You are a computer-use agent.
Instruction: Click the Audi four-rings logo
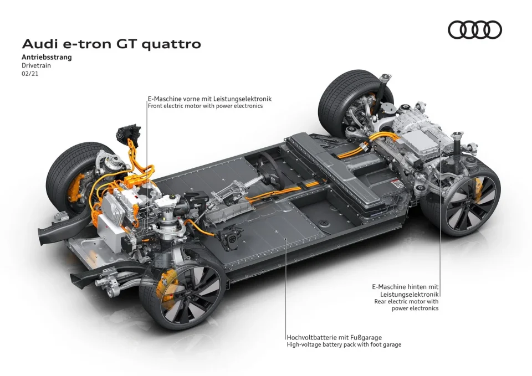coord(474,30)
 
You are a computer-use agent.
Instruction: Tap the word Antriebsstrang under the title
coord(47,57)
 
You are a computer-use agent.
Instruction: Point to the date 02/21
coord(29,73)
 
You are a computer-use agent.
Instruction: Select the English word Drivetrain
coord(37,65)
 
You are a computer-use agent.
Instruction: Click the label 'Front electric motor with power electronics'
coord(205,106)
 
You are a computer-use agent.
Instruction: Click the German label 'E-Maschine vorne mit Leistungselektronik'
coord(209,98)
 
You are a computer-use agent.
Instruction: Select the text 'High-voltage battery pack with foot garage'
coord(344,344)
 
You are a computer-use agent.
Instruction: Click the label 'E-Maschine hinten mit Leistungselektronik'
coord(406,290)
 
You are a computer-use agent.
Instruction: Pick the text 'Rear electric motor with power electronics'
coord(406,305)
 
